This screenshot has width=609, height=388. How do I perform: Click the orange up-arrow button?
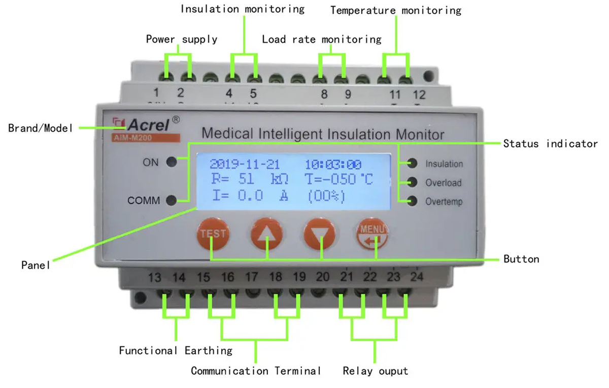(x=266, y=234)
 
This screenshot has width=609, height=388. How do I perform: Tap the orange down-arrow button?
(x=320, y=235)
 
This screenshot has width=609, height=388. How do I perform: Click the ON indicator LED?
(x=172, y=163)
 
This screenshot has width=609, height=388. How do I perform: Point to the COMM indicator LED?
(x=172, y=200)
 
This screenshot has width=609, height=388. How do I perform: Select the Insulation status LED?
(x=413, y=164)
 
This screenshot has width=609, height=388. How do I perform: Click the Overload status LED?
(x=413, y=182)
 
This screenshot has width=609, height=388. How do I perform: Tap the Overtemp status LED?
(x=413, y=201)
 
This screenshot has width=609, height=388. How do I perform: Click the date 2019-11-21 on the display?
(x=244, y=164)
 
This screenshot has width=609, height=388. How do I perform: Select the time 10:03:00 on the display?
(x=333, y=164)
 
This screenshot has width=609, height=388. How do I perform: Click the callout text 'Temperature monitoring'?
(x=396, y=10)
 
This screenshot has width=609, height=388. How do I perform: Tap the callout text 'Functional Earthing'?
(x=176, y=350)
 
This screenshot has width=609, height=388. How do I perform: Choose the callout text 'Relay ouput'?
(x=375, y=371)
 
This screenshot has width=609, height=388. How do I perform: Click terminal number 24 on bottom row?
(x=416, y=277)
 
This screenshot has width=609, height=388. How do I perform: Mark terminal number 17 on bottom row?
(x=252, y=277)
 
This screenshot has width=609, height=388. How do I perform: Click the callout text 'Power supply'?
(x=182, y=39)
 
